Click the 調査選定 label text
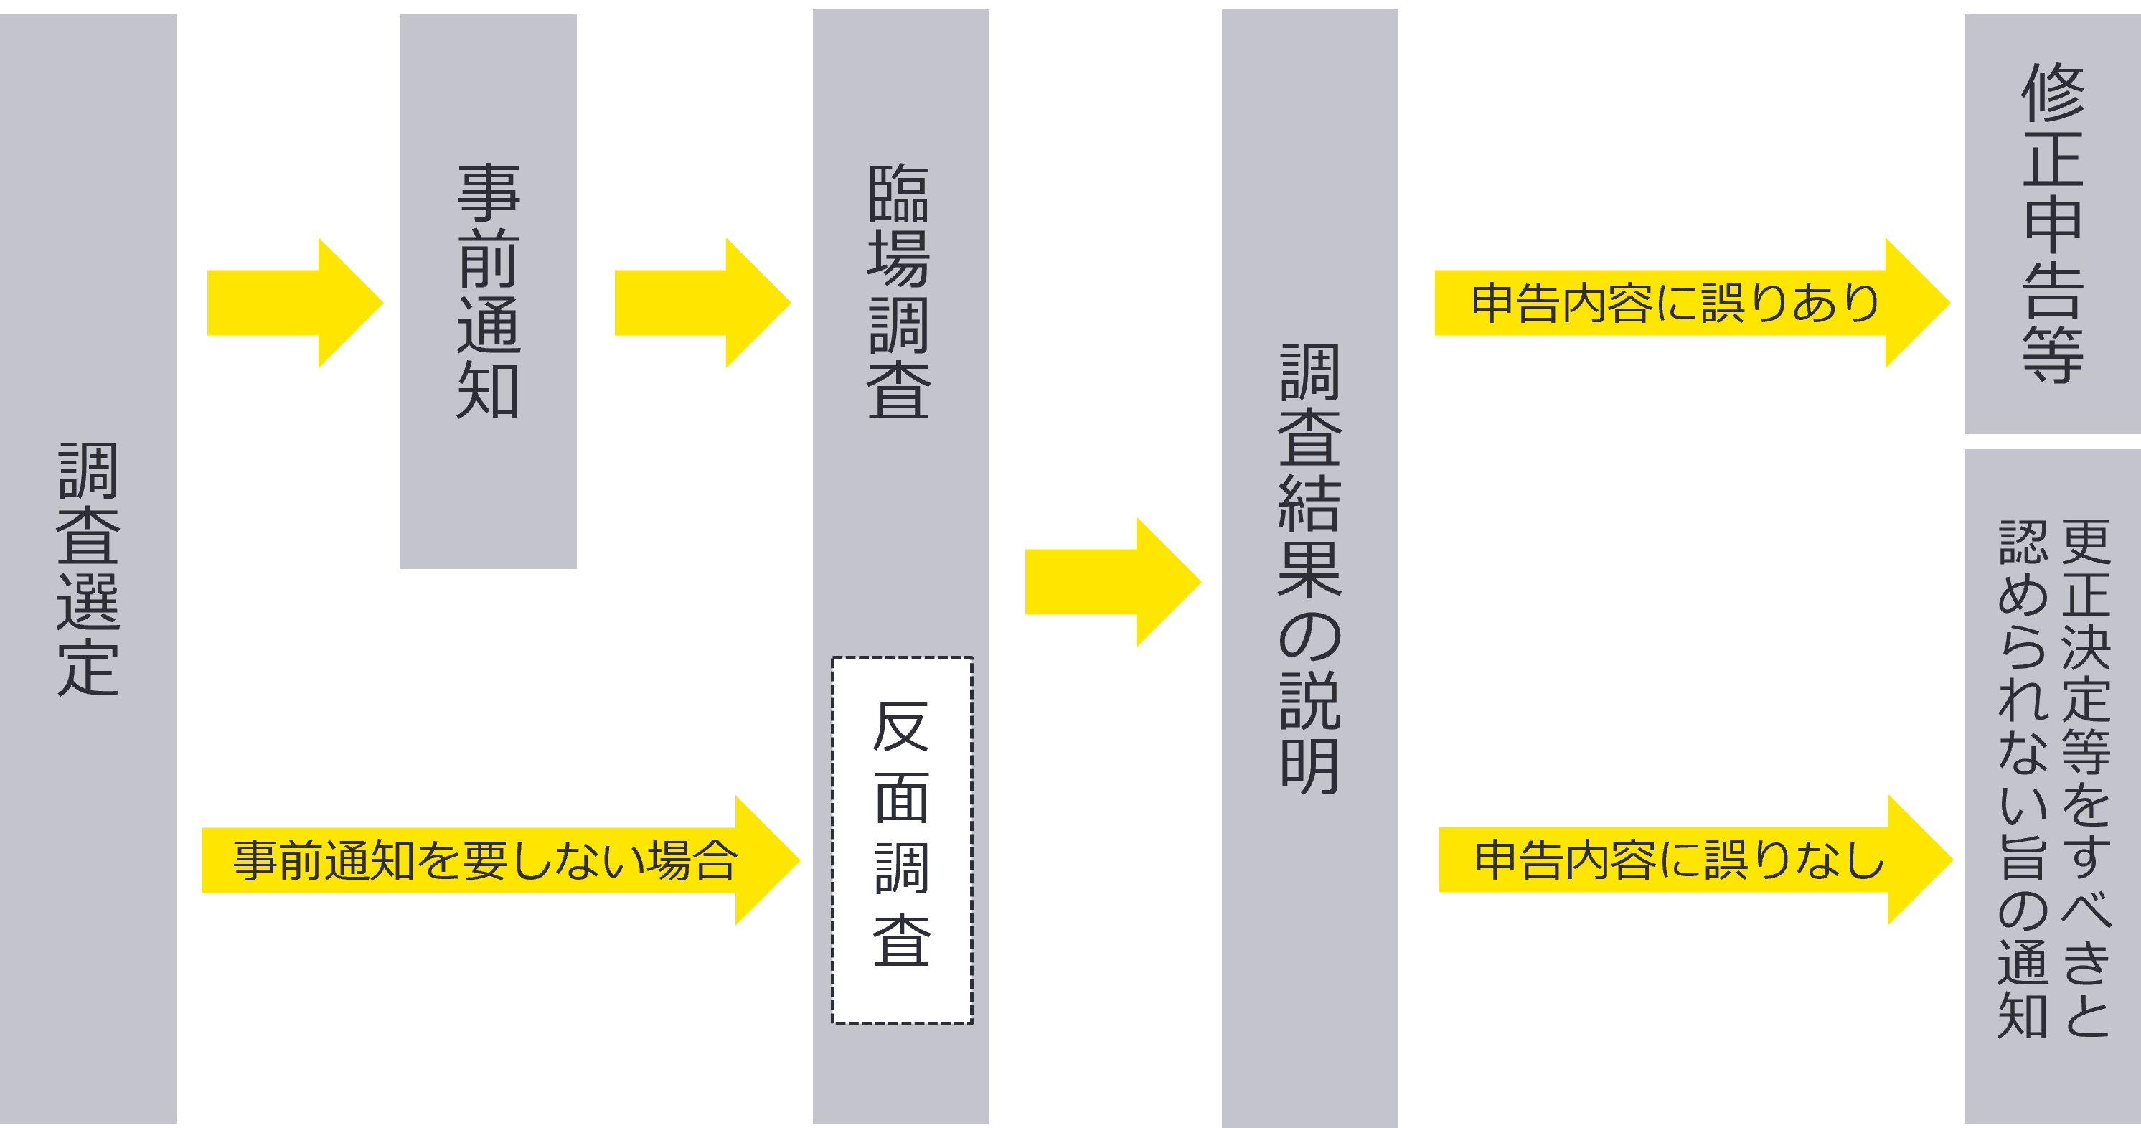[x=88, y=570]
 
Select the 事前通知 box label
[x=489, y=291]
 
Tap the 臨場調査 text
[x=898, y=291]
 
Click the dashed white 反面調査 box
[x=902, y=840]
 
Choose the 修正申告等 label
[x=2053, y=222]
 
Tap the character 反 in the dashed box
[x=902, y=728]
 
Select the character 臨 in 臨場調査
[x=898, y=193]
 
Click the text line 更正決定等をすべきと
[x=2086, y=777]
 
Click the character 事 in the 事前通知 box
[x=489, y=193]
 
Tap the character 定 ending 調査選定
[x=88, y=667]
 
